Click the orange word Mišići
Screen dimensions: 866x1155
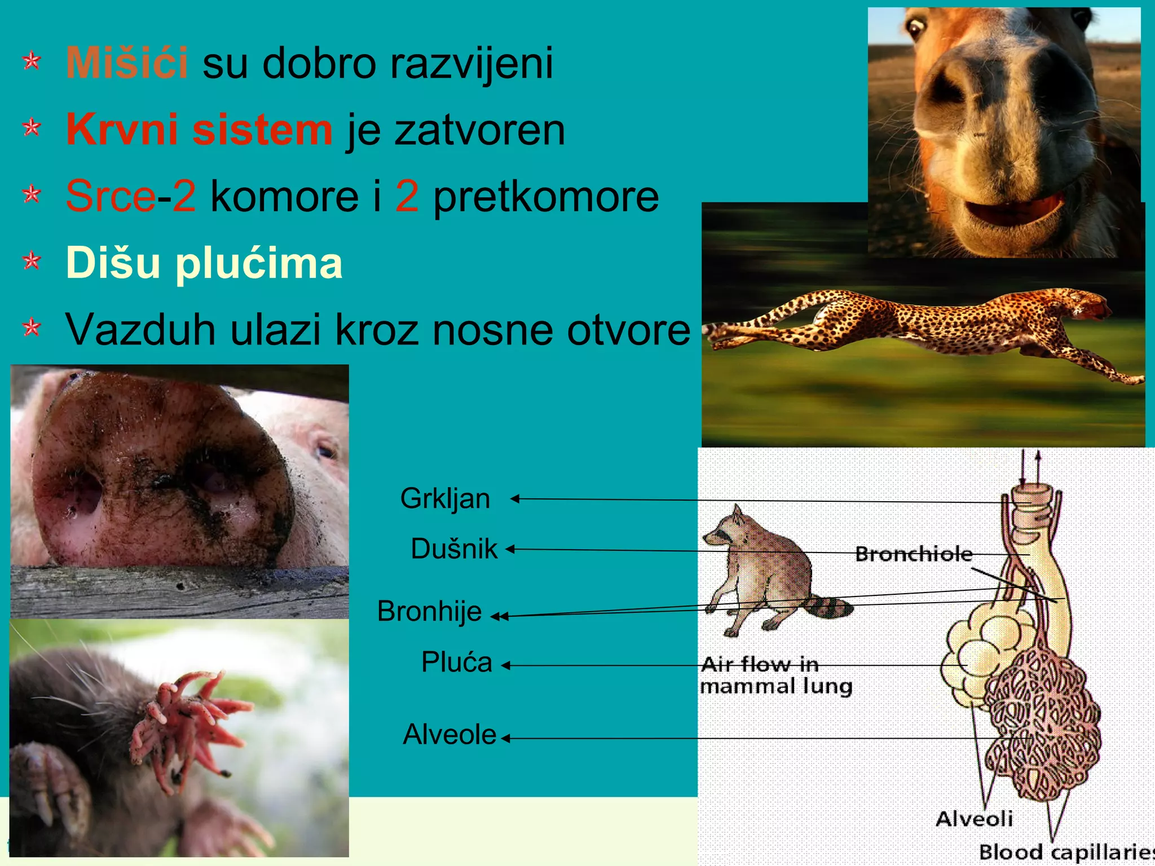point(127,63)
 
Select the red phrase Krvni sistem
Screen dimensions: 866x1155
point(199,130)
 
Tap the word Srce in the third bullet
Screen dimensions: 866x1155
point(111,196)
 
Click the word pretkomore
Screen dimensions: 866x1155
point(545,197)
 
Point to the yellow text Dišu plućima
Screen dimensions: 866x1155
point(204,263)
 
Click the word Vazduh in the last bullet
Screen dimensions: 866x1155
point(140,329)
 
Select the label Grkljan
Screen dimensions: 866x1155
point(445,498)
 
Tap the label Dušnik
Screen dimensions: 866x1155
point(454,549)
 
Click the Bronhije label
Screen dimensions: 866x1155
point(429,611)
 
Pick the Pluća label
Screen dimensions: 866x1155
point(456,662)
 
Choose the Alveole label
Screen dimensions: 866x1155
point(449,735)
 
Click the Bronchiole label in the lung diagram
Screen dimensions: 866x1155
point(914,554)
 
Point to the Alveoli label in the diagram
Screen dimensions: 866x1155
point(974,819)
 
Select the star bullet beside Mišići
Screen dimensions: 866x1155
point(32,61)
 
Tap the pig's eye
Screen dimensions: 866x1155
point(325,451)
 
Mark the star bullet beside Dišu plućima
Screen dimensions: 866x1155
point(32,261)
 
